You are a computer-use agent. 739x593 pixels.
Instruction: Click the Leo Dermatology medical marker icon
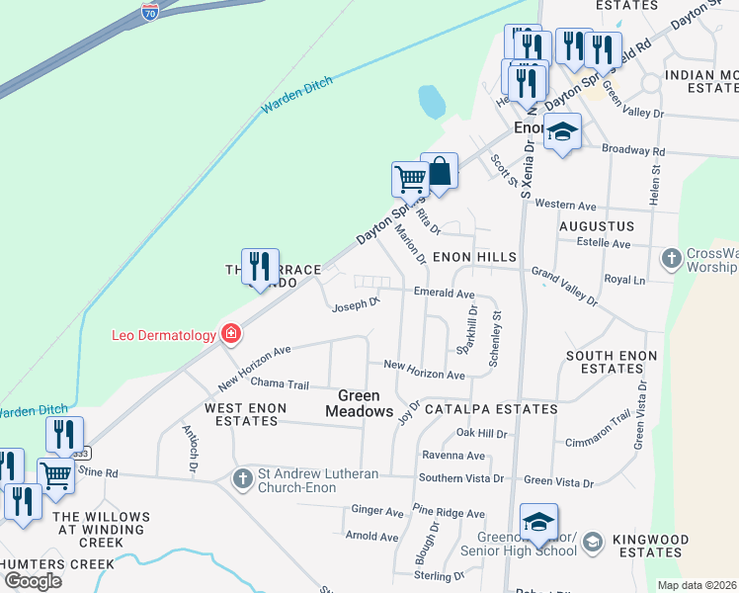231,334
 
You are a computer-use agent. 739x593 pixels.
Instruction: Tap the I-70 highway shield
150,12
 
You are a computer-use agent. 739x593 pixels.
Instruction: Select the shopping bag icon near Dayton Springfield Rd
439,172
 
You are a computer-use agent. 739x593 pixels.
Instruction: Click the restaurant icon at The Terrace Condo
260,267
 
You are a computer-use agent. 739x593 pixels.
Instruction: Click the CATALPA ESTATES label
491,408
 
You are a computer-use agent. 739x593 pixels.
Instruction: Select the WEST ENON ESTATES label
245,414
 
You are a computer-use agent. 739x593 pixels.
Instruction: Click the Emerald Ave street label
445,295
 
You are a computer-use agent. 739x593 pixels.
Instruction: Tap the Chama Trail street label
280,384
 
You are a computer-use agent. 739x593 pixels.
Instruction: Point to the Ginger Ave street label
377,512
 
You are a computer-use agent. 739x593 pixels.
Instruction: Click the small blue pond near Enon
431,101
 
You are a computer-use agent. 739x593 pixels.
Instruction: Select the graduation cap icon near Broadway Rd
562,132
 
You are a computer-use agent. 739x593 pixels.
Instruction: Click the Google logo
33,581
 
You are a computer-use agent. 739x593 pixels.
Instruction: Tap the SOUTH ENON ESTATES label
612,362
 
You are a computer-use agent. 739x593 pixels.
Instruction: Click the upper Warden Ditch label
297,94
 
